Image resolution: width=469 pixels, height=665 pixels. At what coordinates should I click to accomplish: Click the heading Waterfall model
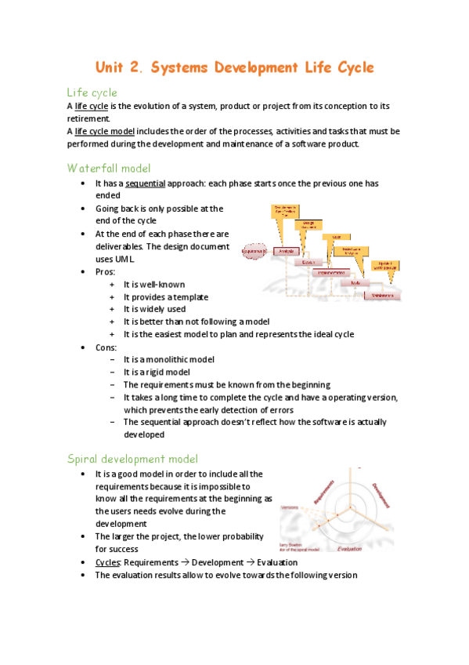[109, 167]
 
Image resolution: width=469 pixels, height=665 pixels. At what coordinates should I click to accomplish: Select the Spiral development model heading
[133, 458]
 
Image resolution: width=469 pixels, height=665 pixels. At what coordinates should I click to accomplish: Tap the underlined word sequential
[144, 184]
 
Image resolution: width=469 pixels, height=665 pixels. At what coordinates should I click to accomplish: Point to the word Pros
[104, 271]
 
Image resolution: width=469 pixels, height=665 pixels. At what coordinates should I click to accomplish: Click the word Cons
[106, 347]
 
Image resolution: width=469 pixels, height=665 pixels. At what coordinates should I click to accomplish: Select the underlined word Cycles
[107, 562]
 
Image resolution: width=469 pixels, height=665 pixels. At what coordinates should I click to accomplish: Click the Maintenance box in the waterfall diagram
[383, 296]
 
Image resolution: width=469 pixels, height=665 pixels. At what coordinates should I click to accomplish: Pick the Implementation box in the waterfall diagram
[334, 273]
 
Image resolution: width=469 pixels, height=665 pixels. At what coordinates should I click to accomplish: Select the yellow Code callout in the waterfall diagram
[335, 236]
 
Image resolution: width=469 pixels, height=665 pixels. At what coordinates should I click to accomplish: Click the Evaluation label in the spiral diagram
[349, 550]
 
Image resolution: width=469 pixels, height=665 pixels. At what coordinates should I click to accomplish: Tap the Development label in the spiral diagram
[381, 493]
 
